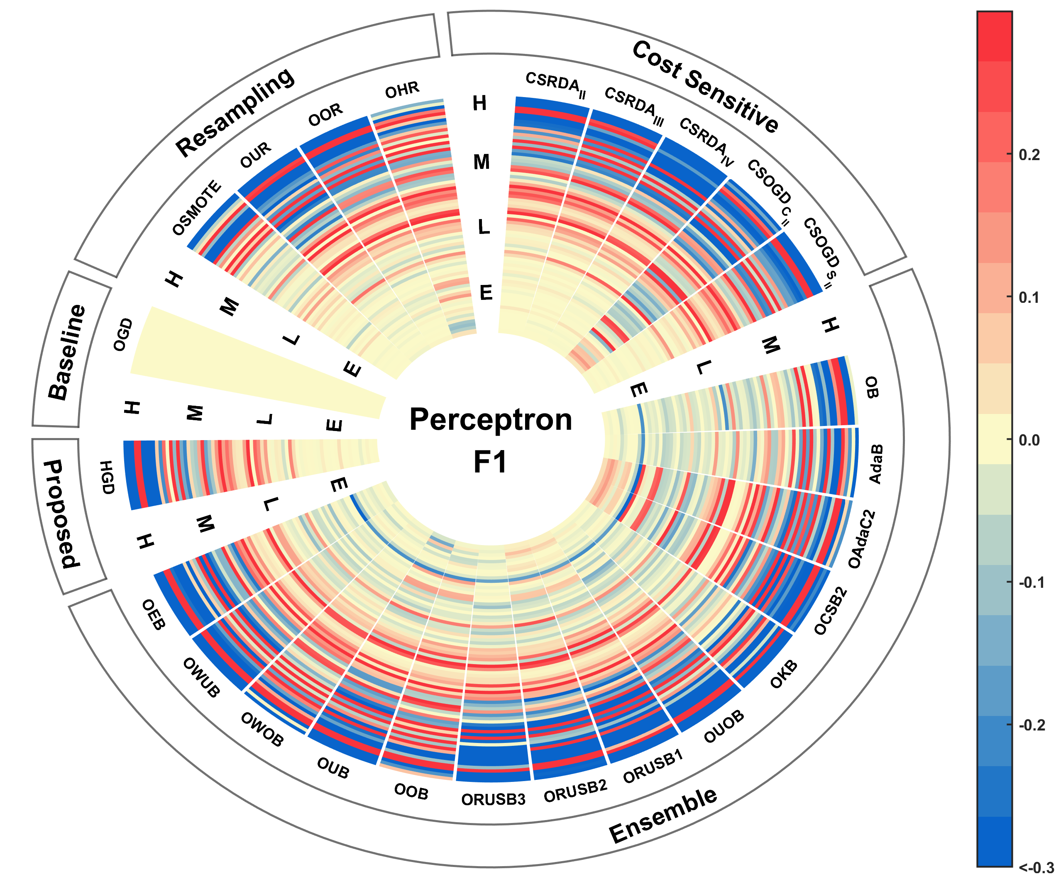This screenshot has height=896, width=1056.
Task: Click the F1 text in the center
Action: pyautogui.click(x=490, y=462)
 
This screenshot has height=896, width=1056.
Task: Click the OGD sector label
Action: pyautogui.click(x=122, y=334)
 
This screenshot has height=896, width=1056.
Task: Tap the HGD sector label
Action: pyautogui.click(x=107, y=477)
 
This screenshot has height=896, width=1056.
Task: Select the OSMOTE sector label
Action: pyautogui.click(x=197, y=208)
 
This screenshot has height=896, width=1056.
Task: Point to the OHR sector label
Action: pyautogui.click(x=402, y=90)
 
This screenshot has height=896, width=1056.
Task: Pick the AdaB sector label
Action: pyautogui.click(x=875, y=464)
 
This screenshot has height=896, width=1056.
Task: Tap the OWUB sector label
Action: pyautogui.click(x=202, y=677)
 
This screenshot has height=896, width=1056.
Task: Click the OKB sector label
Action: pyautogui.click(x=784, y=674)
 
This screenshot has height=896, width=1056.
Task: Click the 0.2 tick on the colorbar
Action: pyautogui.click(x=1029, y=155)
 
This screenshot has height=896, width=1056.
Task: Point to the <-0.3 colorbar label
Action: pyautogui.click(x=1036, y=868)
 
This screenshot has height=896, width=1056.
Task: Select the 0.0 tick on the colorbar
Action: pyautogui.click(x=1029, y=440)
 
